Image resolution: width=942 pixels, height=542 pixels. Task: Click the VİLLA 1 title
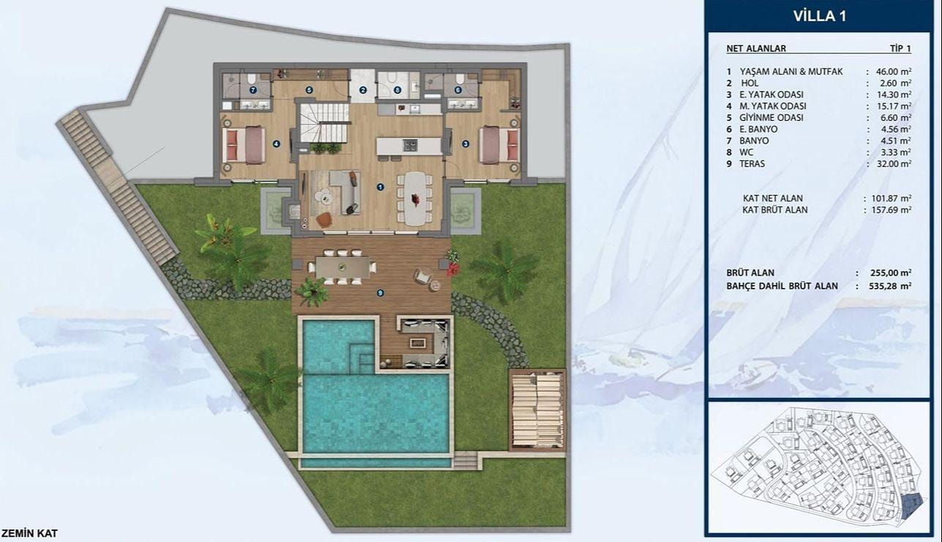point(819,16)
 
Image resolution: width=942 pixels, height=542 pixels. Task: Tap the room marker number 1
point(380,187)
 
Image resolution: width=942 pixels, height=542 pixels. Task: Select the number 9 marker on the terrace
point(380,293)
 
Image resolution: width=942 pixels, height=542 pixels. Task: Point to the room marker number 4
point(276,144)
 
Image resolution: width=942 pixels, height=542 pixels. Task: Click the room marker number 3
point(466,144)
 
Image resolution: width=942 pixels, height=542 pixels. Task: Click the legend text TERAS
point(752,163)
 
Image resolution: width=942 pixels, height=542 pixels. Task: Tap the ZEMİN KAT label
point(30,534)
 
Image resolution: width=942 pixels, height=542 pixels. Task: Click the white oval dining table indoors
point(415,198)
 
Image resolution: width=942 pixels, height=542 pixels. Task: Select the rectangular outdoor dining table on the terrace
point(343,267)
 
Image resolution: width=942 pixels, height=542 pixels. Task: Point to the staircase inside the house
point(324,123)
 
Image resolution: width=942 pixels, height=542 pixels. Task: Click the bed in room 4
point(244,144)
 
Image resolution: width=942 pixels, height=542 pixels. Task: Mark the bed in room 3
point(500,144)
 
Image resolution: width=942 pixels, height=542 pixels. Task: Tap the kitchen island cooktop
point(411,145)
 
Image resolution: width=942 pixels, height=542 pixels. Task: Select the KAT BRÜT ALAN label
point(775,210)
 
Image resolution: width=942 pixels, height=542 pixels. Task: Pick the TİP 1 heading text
point(900,48)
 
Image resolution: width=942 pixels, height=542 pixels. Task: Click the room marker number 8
point(397,89)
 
